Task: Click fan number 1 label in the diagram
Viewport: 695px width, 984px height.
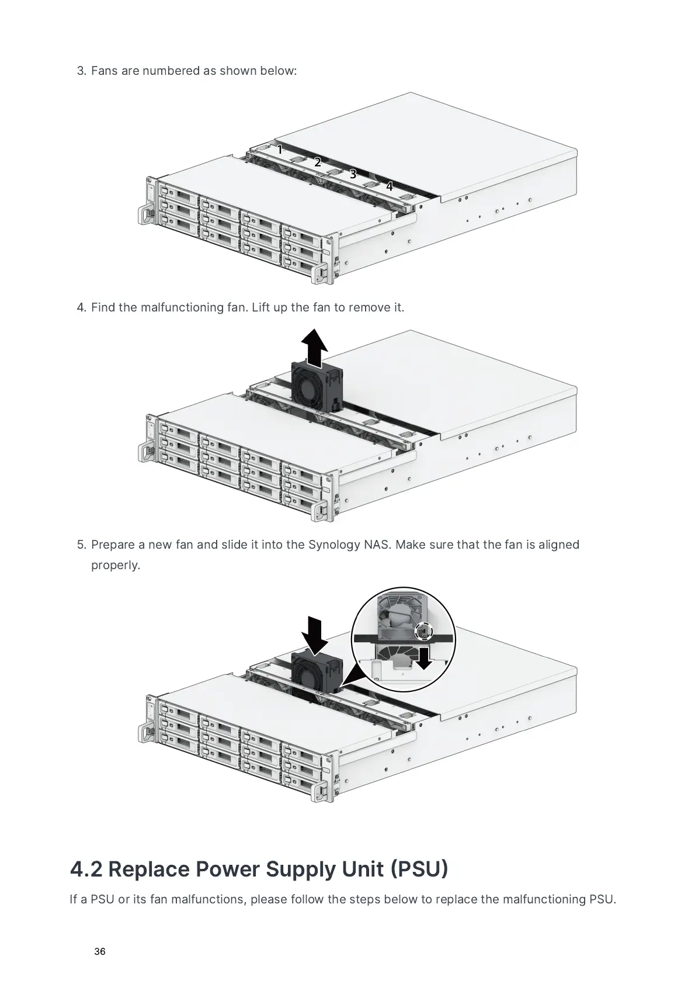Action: click(x=280, y=150)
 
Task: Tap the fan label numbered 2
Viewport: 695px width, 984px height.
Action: click(x=317, y=162)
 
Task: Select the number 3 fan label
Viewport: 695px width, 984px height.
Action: click(x=353, y=174)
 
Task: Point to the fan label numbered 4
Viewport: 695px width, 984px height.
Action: click(x=389, y=186)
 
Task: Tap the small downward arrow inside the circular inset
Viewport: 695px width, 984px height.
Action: click(x=425, y=657)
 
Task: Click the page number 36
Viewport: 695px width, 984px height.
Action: click(x=100, y=952)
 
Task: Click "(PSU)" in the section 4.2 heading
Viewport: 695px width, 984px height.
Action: click(x=419, y=869)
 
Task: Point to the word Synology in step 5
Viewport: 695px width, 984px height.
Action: click(x=334, y=545)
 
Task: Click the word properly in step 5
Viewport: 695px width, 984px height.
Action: click(x=116, y=565)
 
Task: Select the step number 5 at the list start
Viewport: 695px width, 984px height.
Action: click(x=82, y=545)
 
